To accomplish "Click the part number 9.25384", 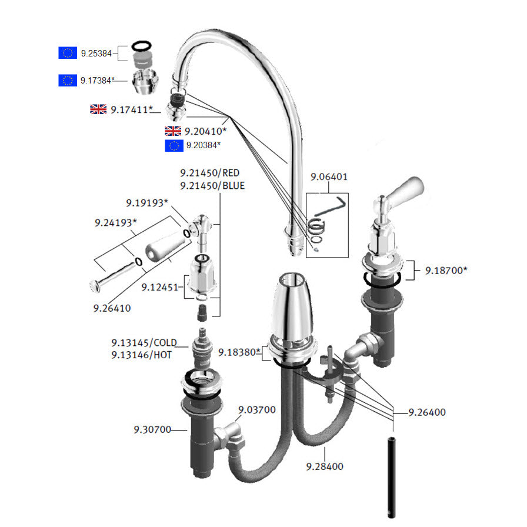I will [96, 54].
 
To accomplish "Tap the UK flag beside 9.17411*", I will [98, 109].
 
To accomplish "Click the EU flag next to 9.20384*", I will [174, 145].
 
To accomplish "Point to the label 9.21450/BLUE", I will [212, 185].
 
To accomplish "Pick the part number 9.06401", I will [329, 176].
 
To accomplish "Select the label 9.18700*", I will [446, 271].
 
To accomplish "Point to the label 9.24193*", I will [115, 223].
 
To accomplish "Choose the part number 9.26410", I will [112, 308].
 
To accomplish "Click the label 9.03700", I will [256, 409].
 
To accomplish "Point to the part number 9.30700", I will [152, 430].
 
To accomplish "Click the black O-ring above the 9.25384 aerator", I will [141, 45].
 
